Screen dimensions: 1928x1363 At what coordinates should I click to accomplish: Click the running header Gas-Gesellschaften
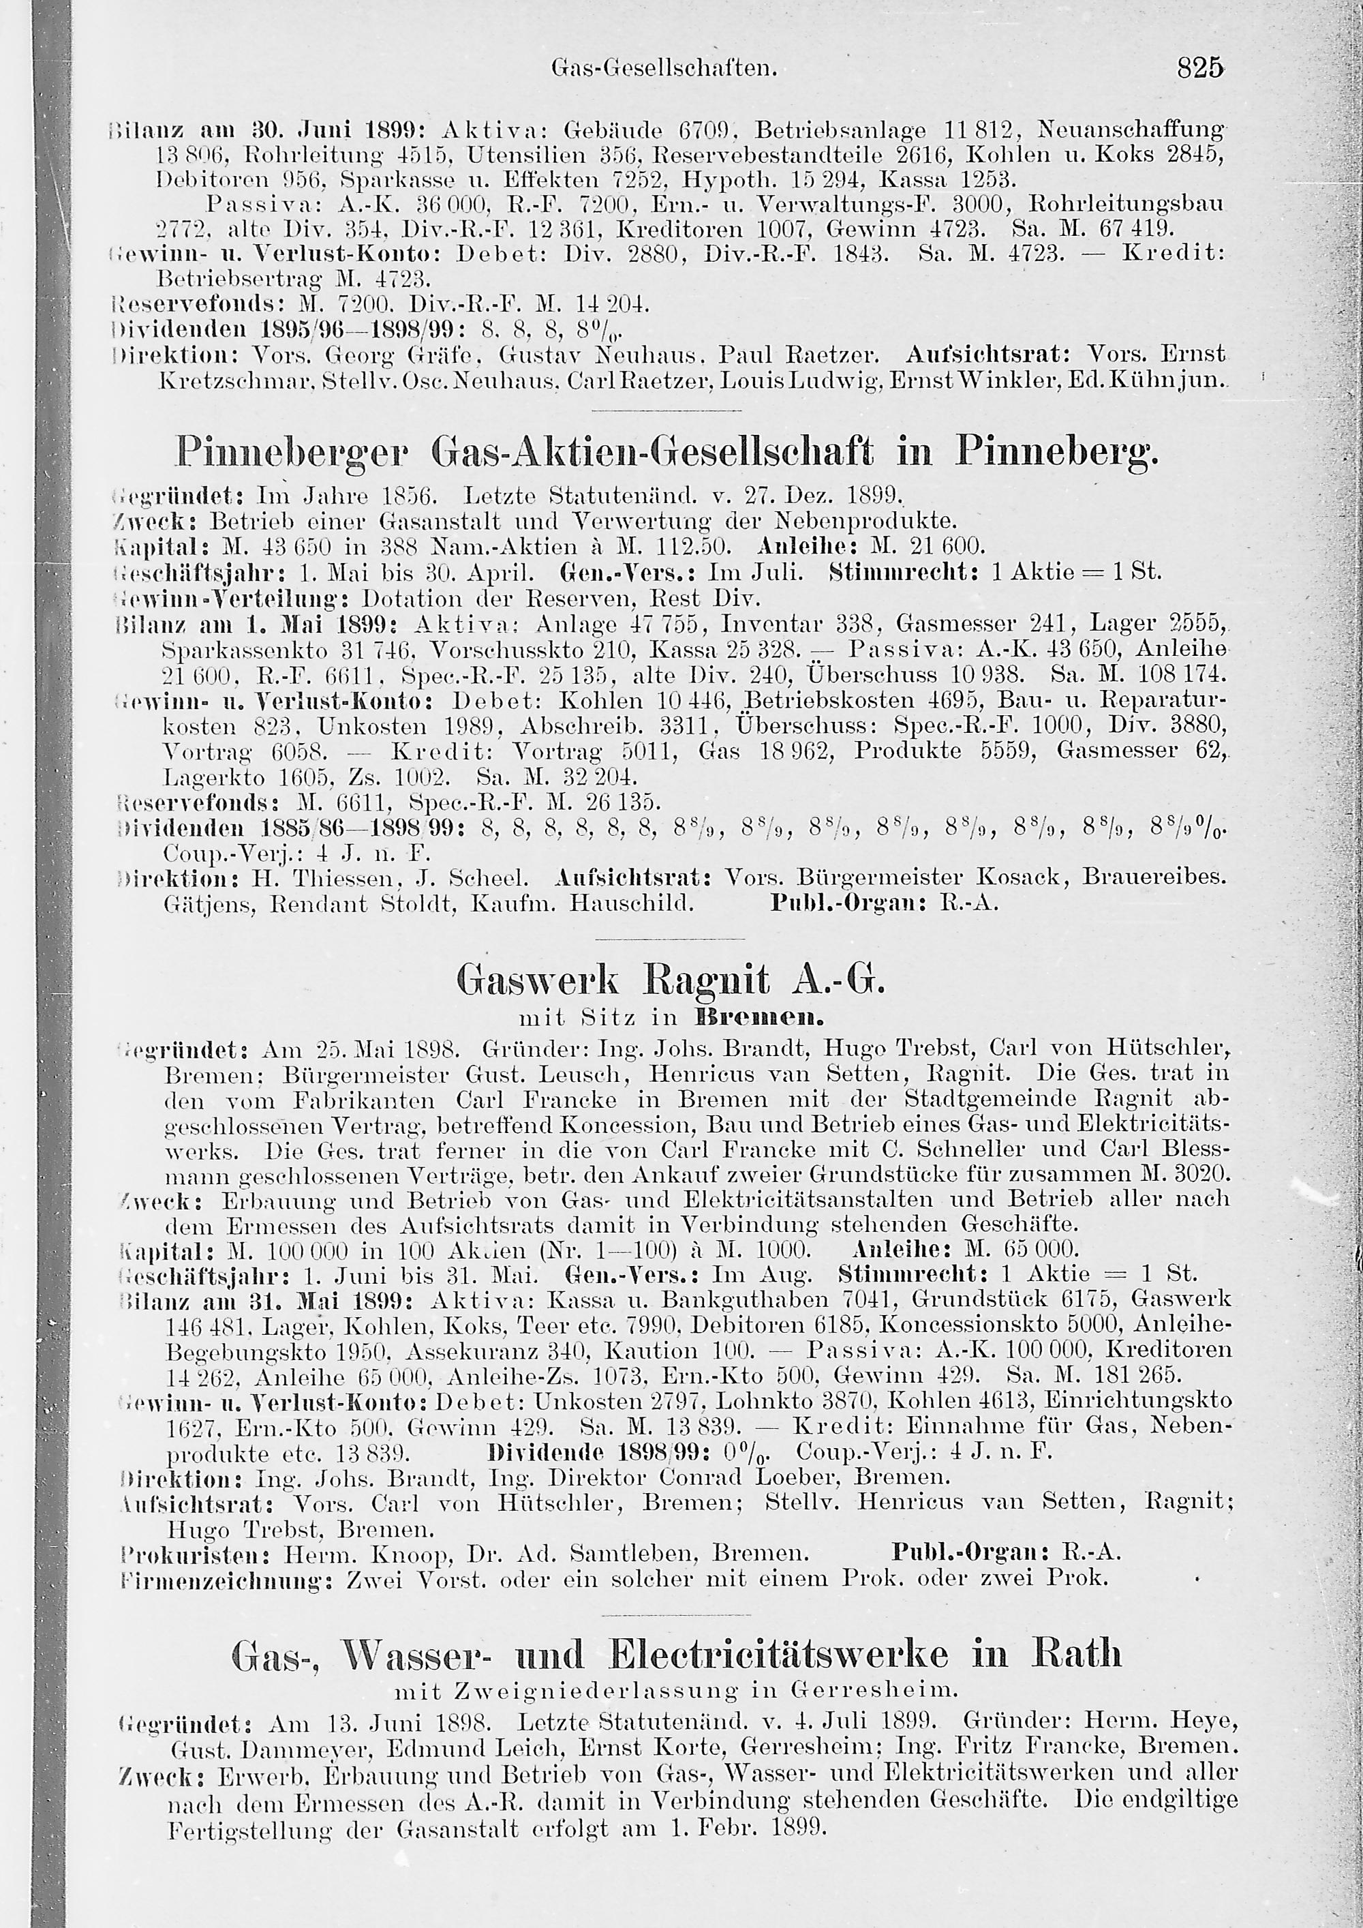click(x=664, y=68)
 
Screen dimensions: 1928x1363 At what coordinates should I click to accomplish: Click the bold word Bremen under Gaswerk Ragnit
click(x=759, y=1019)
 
